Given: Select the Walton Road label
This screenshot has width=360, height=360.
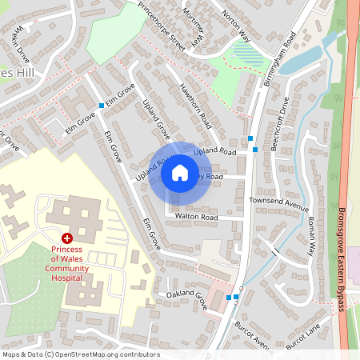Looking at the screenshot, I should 196,217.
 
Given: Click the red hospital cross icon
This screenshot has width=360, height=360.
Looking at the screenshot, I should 67,238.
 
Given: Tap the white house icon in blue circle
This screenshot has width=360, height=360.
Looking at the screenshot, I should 180,172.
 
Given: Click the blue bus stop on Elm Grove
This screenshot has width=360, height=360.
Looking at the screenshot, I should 101,106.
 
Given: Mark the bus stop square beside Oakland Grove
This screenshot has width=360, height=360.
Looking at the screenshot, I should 229,298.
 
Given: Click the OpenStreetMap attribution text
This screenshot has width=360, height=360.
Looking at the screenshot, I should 80,354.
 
